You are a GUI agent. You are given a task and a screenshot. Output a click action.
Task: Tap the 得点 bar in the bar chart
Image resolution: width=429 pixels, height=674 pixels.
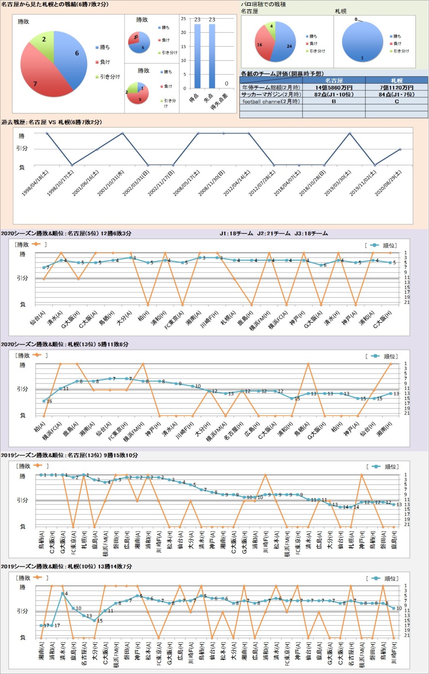pos(197,56)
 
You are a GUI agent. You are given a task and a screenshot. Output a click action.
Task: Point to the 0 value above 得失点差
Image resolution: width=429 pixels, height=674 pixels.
pos(227,84)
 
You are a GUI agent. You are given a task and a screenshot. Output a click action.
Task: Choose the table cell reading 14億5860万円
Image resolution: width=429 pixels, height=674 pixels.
pos(334,88)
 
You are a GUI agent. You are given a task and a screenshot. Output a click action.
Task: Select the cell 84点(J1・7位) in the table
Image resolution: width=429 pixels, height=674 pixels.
pos(396,94)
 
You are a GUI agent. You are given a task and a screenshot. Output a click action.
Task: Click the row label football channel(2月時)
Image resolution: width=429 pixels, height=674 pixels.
pos(271,102)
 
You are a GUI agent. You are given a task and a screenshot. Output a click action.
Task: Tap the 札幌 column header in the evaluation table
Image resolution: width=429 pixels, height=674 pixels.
pos(396,81)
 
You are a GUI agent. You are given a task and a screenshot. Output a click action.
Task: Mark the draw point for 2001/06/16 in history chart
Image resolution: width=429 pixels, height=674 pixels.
pos(97,149)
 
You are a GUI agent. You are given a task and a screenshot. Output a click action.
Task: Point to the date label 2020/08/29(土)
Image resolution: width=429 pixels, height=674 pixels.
pos(388,183)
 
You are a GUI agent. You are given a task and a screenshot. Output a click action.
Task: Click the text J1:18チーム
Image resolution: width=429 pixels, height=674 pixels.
pos(236,234)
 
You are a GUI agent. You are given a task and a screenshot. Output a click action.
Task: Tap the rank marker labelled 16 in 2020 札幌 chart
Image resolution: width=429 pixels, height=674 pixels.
pos(44,401)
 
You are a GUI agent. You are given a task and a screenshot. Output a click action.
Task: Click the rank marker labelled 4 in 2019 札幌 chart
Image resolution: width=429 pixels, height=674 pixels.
pos(63,593)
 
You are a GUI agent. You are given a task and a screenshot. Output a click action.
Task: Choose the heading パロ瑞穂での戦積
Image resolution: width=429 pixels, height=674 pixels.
pos(263,4)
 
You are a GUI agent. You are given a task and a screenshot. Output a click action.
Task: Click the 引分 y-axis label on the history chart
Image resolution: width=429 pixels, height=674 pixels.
pos(22,148)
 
